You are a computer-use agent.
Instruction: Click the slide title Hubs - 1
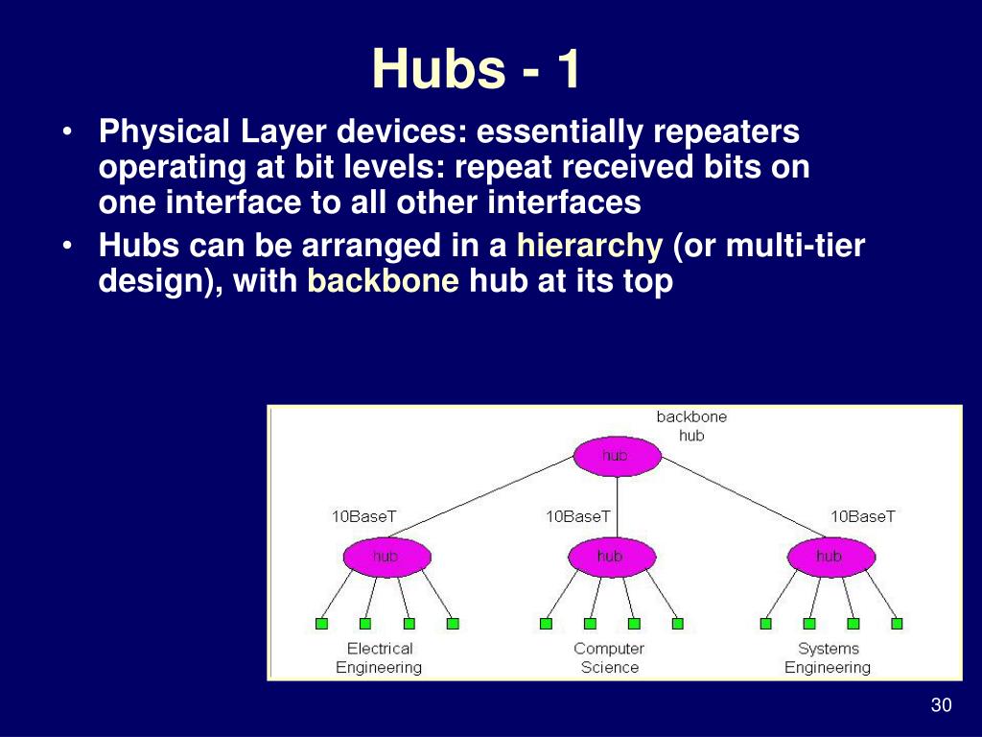click(x=476, y=69)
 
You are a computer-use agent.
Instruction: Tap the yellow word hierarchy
click(x=590, y=246)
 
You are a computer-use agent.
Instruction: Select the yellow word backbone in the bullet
click(x=383, y=281)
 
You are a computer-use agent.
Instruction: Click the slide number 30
click(x=942, y=705)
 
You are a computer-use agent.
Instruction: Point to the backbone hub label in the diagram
click(x=691, y=426)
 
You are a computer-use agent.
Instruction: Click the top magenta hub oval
click(x=617, y=456)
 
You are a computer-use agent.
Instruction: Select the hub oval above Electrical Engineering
click(x=387, y=557)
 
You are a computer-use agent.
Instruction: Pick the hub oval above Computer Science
click(x=612, y=557)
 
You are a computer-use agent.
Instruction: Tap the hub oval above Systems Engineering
click(x=831, y=557)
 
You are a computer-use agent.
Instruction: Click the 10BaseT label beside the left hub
click(x=363, y=516)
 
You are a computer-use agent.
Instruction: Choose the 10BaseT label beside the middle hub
click(x=577, y=516)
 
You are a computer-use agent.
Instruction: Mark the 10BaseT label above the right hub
click(x=863, y=516)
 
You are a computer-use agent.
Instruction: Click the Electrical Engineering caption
click(x=379, y=658)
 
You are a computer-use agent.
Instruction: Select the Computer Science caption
click(x=609, y=658)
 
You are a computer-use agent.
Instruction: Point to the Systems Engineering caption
click(x=828, y=658)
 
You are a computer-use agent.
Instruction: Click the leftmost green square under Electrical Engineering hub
click(x=321, y=624)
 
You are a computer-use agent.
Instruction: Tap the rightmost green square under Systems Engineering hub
click(x=897, y=624)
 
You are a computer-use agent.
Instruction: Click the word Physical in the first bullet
click(x=164, y=132)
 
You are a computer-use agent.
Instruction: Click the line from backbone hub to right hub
click(x=743, y=497)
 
